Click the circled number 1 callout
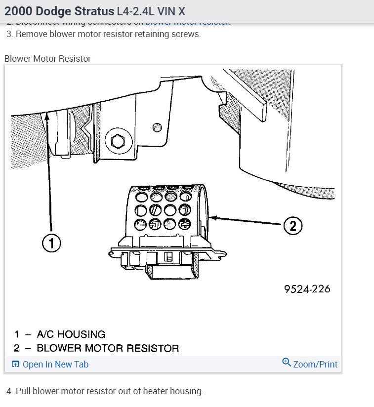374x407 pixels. pyautogui.click(x=51, y=243)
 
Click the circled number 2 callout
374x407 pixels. pyautogui.click(x=292, y=226)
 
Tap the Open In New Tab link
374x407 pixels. pyautogui.click(x=55, y=365)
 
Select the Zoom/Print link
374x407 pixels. pyautogui.click(x=315, y=365)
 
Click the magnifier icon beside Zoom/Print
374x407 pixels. pyautogui.click(x=286, y=363)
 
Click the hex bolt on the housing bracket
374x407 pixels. pyautogui.click(x=118, y=142)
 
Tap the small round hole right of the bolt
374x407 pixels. pyautogui.click(x=157, y=126)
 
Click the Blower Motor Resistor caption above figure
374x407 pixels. pyautogui.click(x=47, y=59)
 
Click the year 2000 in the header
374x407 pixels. pyautogui.click(x=17, y=11)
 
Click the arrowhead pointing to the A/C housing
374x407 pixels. pyautogui.click(x=47, y=116)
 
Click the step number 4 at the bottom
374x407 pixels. pyautogui.click(x=10, y=391)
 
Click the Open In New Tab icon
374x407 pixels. pyautogui.click(x=15, y=365)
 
